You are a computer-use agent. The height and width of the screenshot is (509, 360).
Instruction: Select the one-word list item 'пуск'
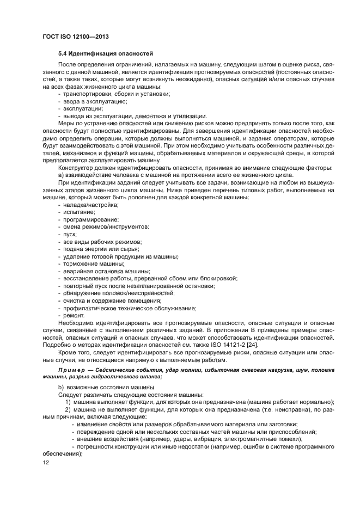[x=71, y=234]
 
